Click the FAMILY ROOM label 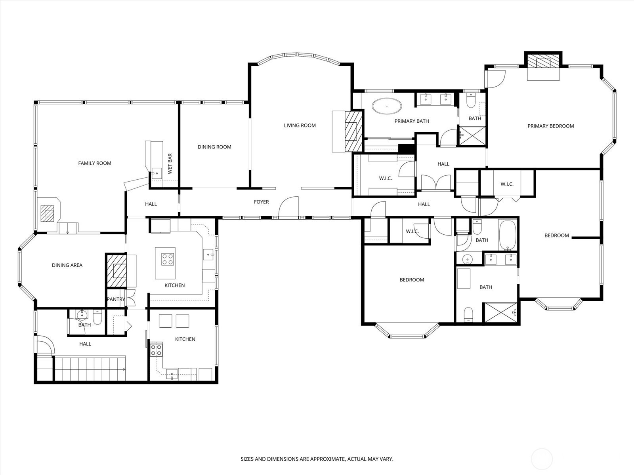coord(95,163)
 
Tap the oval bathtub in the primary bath coord(387,106)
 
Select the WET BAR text coord(170,163)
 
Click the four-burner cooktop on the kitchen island coord(167,259)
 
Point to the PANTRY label coord(116,299)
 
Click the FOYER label coord(262,202)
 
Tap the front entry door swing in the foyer coord(288,207)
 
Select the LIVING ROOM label coord(300,125)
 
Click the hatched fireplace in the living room coord(353,131)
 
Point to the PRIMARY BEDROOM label coord(551,126)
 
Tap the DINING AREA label coord(67,265)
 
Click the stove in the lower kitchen coord(156,350)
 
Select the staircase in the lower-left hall coord(90,368)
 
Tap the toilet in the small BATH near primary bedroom coord(471,101)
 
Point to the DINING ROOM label coord(215,147)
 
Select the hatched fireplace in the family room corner coord(47,213)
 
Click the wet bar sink coord(157,173)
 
